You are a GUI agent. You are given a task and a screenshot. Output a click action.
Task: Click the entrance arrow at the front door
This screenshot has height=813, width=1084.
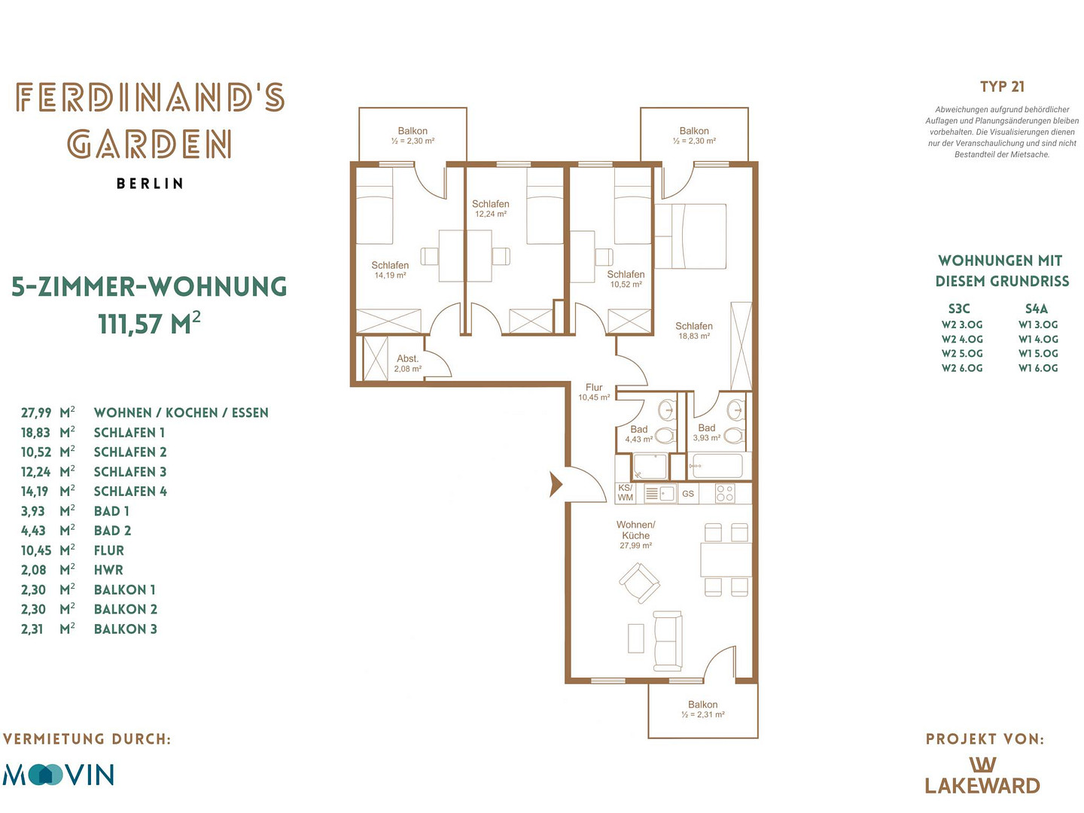(x=556, y=484)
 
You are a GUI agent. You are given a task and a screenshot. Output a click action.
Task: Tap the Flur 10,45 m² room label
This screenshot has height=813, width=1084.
(x=594, y=392)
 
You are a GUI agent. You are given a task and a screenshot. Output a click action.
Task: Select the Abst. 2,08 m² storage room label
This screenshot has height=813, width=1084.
(x=407, y=364)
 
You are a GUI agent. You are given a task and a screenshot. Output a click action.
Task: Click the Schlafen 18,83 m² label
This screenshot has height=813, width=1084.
(x=694, y=330)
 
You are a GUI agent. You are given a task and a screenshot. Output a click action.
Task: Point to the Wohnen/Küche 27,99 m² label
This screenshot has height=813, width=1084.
(x=635, y=535)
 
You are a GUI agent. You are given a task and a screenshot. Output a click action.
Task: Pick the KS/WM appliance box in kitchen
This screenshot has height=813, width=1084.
(x=626, y=492)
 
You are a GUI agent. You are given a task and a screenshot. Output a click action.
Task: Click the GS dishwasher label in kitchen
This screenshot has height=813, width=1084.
(x=688, y=494)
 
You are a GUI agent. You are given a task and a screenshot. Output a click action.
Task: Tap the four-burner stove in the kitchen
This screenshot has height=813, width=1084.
(x=725, y=493)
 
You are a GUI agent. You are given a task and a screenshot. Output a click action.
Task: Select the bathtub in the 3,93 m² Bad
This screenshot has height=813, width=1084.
(x=717, y=466)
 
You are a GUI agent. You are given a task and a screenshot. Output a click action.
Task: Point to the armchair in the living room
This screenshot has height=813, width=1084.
(x=640, y=583)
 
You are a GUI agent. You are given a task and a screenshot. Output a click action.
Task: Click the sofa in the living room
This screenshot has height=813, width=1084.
(x=668, y=641)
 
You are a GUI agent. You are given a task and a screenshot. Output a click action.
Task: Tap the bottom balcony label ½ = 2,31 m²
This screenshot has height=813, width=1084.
(x=703, y=714)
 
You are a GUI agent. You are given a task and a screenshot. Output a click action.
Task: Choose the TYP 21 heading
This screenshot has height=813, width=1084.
(x=1002, y=87)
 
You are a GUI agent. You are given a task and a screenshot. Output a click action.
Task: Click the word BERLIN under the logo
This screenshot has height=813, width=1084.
(x=150, y=184)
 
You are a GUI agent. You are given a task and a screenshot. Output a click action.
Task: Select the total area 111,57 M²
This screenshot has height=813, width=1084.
(x=149, y=324)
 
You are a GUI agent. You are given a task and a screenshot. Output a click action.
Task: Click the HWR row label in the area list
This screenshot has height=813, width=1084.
(x=108, y=570)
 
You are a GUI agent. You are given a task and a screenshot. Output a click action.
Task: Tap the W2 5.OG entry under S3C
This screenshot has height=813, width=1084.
(x=962, y=354)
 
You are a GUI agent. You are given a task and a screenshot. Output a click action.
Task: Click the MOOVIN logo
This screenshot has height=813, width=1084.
(x=59, y=775)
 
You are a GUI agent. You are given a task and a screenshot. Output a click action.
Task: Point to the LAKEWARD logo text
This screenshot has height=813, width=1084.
(x=982, y=786)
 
